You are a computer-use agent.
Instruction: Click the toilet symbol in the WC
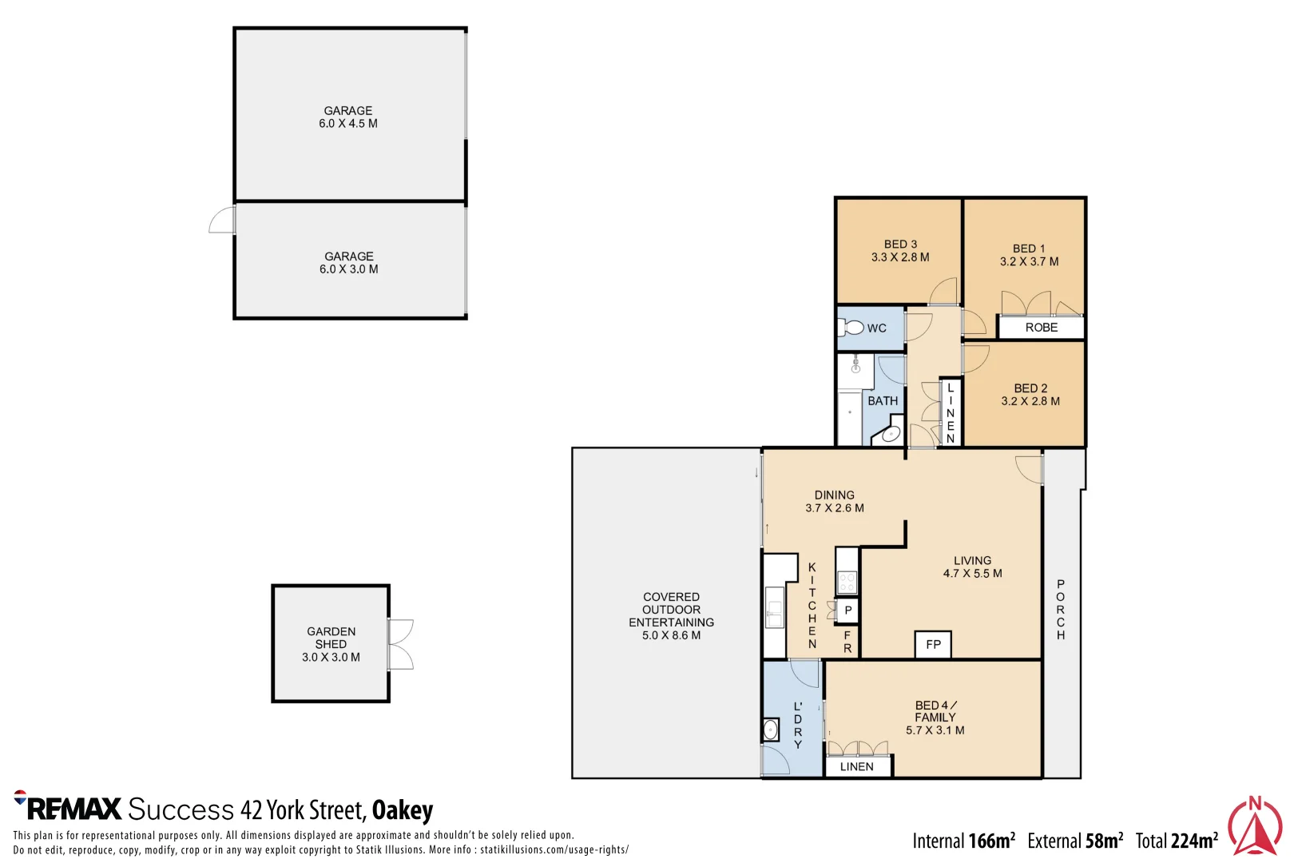(x=851, y=328)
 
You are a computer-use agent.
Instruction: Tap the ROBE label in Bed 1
(x=1041, y=328)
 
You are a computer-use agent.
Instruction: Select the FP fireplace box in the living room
(x=933, y=644)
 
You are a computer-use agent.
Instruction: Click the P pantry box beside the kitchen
(x=847, y=610)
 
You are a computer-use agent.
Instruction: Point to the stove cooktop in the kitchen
(x=847, y=582)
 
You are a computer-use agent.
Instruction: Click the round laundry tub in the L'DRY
(x=770, y=730)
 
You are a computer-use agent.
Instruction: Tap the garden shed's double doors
(x=401, y=645)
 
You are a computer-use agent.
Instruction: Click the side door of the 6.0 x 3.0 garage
(x=222, y=221)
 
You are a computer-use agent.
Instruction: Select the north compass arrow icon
(x=1255, y=826)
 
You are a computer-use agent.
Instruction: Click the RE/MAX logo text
(x=74, y=809)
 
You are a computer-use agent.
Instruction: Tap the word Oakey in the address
(x=402, y=810)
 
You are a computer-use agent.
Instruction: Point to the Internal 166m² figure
(x=963, y=841)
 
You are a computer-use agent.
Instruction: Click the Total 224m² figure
(x=1177, y=841)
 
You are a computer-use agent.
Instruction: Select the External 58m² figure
(x=1075, y=841)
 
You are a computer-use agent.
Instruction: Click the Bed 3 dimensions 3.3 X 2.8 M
(x=900, y=257)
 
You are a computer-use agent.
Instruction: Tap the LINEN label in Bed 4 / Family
(x=857, y=766)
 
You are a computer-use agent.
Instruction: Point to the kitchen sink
(x=774, y=607)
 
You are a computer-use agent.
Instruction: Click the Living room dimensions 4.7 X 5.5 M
(x=972, y=574)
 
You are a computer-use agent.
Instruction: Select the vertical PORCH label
(x=1061, y=609)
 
